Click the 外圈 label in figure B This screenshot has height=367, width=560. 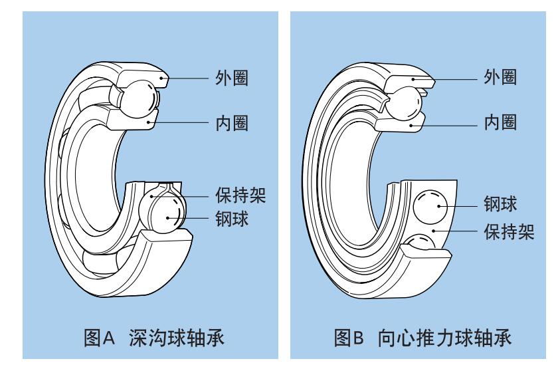[x=501, y=78]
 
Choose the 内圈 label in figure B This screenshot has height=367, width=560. [x=501, y=124]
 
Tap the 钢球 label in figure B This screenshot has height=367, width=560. [x=501, y=205]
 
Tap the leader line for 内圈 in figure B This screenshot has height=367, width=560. [x=452, y=124]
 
